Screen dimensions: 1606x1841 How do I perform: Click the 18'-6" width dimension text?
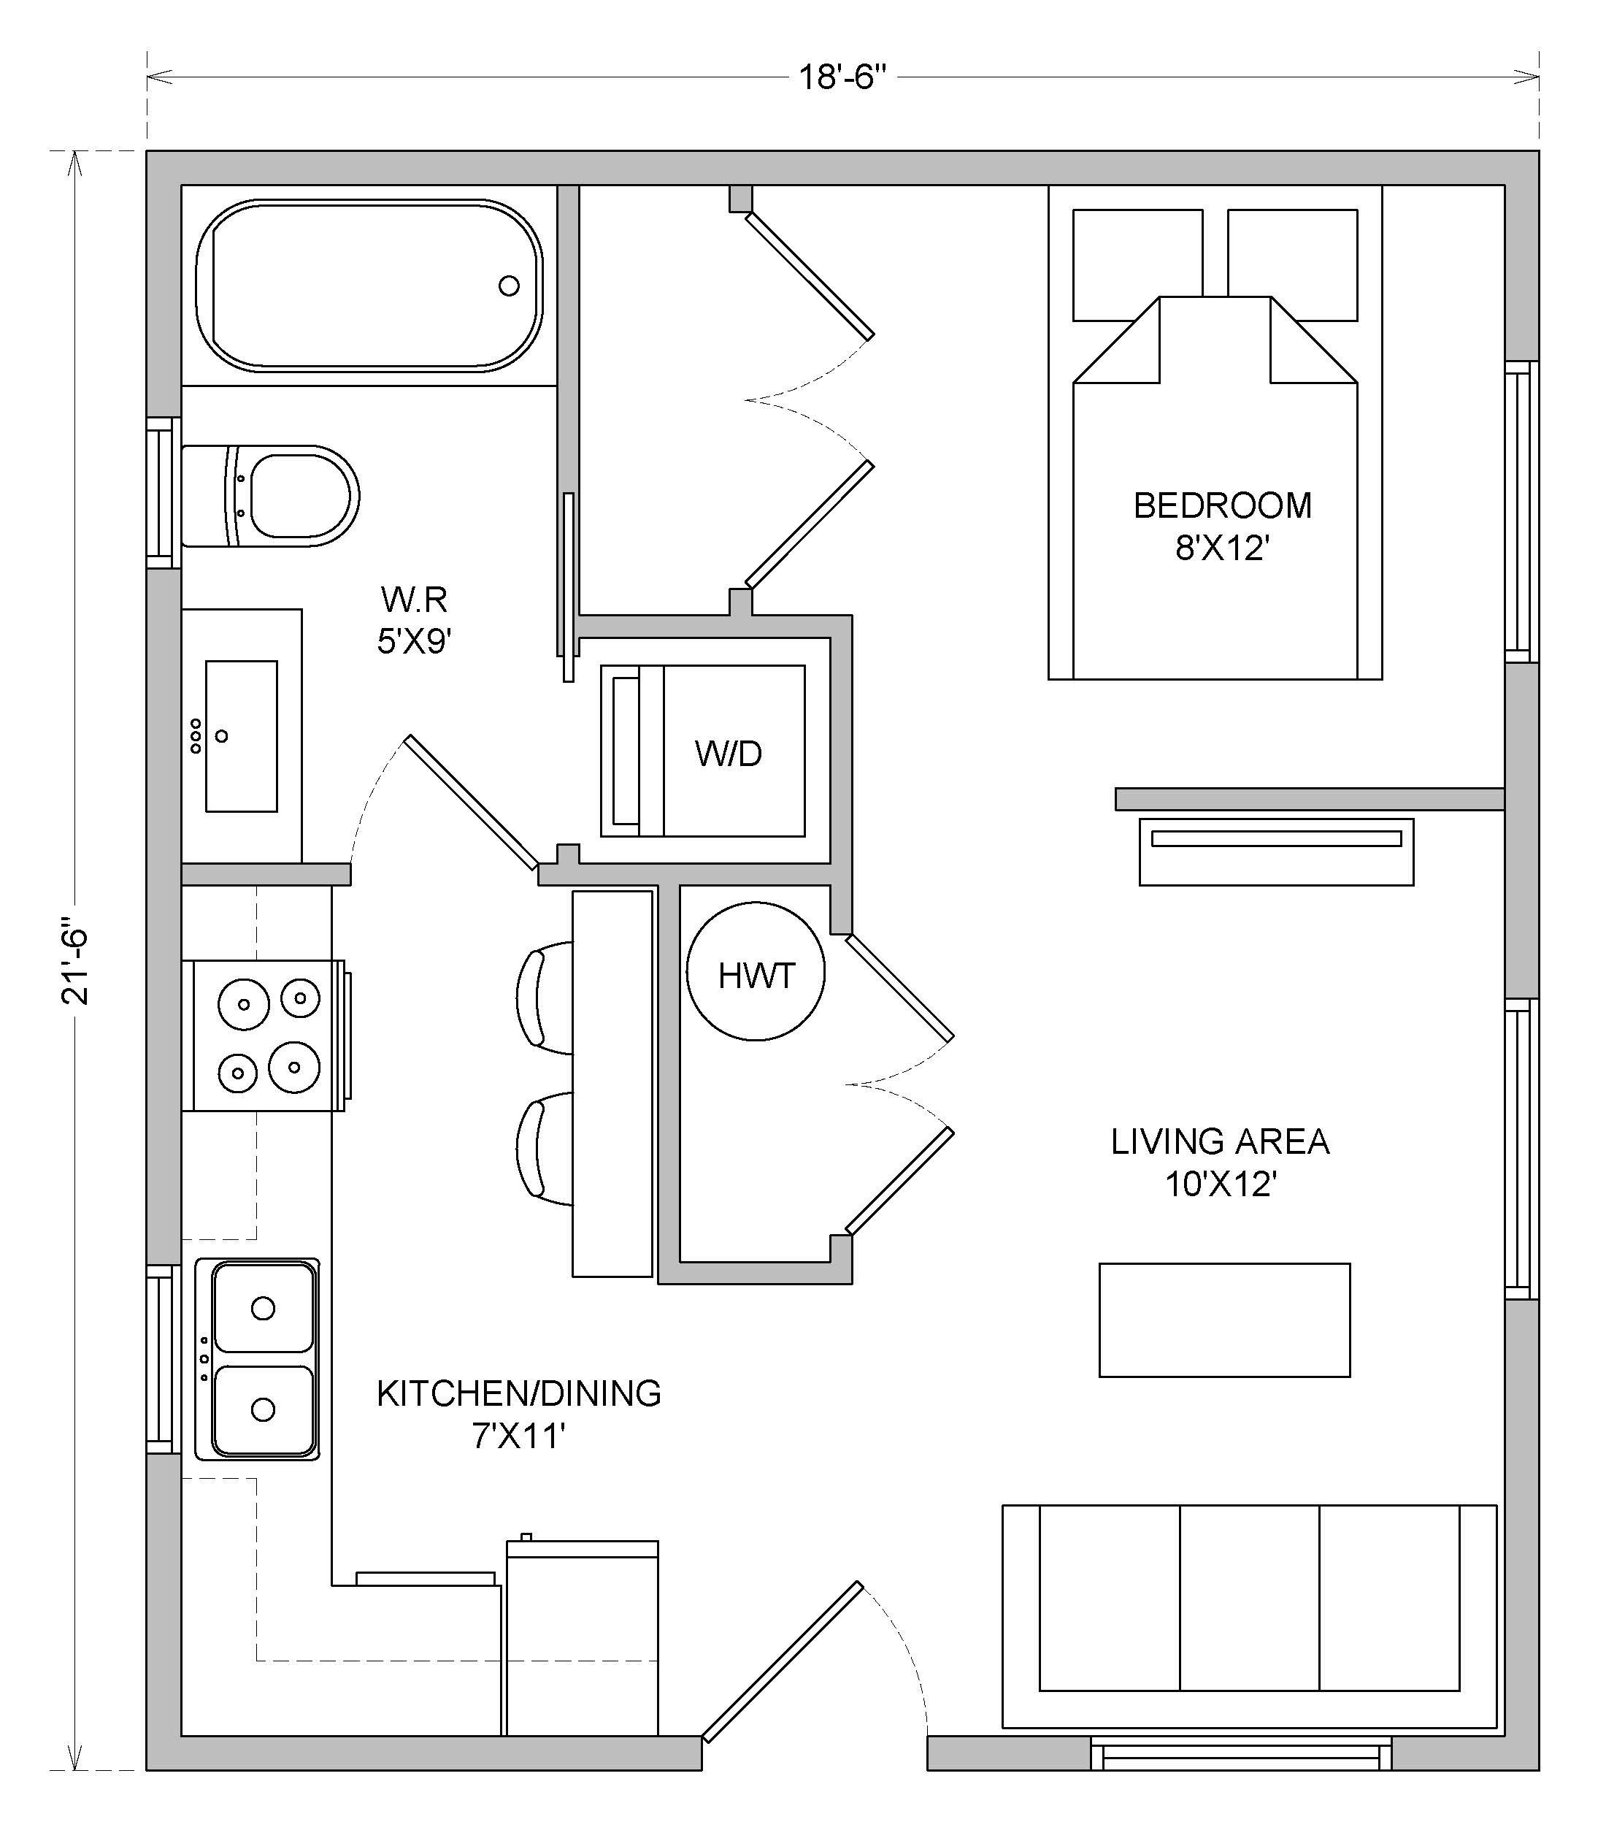click(842, 78)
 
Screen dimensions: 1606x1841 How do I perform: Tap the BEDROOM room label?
click(1223, 505)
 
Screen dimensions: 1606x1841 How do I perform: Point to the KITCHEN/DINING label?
click(519, 1394)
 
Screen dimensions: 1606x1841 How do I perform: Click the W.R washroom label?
click(414, 598)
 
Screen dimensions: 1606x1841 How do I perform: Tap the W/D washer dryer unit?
click(702, 751)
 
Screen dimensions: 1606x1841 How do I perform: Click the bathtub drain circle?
click(509, 286)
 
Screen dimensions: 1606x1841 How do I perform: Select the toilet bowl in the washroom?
click(295, 496)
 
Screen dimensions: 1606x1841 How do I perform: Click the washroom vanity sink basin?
click(241, 736)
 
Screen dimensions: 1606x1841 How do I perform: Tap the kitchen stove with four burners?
click(264, 1036)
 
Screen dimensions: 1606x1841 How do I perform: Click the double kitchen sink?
click(257, 1359)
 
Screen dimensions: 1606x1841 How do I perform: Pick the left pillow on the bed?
click(1137, 264)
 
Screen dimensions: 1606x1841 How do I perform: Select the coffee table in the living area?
click(1224, 1320)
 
